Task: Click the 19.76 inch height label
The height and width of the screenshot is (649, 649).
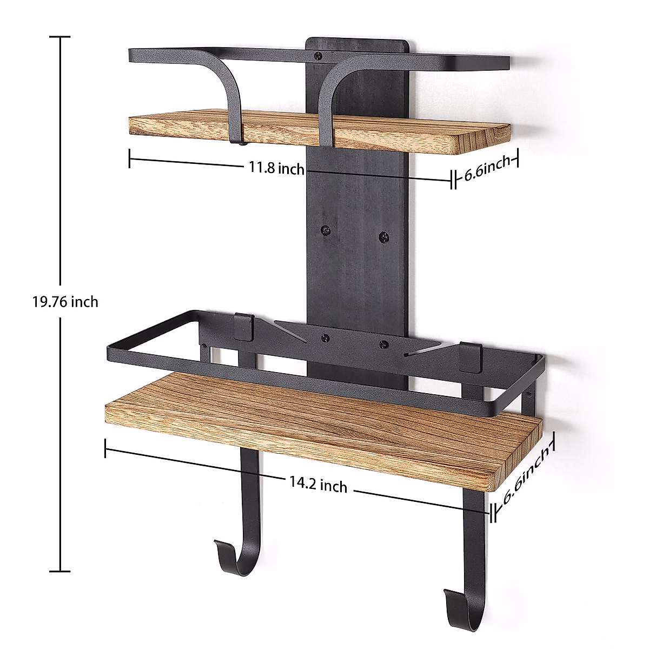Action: pos(65,301)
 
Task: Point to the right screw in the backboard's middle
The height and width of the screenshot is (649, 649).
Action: pos(383,236)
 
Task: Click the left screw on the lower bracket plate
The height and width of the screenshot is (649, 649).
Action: pos(325,337)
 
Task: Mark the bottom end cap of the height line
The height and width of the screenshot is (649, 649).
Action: pos(60,571)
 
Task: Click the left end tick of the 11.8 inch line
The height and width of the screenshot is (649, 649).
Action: pos(130,158)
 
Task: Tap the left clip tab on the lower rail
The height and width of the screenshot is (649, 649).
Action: pos(244,327)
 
